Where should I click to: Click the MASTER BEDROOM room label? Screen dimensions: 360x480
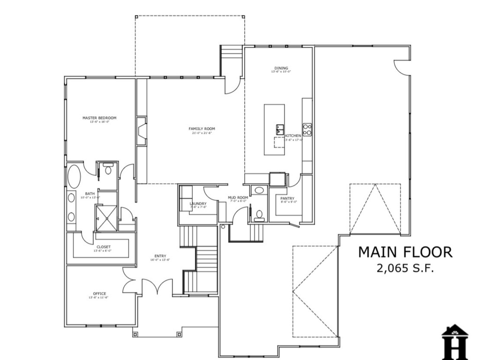tap(99, 118)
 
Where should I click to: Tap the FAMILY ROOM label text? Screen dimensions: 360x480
tap(202, 128)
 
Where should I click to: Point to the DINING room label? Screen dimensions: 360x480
tap(281, 68)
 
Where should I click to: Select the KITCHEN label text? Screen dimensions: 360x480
tap(293, 136)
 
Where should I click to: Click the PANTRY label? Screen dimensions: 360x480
tap(287, 198)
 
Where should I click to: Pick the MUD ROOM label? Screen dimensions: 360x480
tap(238, 198)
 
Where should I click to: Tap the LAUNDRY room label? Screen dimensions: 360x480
tap(198, 204)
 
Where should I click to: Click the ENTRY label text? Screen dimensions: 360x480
tap(160, 256)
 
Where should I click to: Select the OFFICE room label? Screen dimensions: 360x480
tap(99, 294)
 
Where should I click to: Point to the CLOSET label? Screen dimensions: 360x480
tap(104, 247)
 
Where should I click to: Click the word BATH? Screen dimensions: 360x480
tap(90, 194)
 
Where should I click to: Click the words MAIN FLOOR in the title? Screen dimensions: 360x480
tap(405, 252)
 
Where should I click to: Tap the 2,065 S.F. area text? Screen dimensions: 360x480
tap(405, 269)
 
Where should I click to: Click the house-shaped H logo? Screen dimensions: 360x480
tap(455, 342)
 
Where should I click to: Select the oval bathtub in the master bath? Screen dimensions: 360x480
tap(74, 177)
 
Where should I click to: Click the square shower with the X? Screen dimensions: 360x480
tap(106, 218)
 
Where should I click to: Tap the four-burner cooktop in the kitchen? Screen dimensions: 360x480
tap(307, 129)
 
